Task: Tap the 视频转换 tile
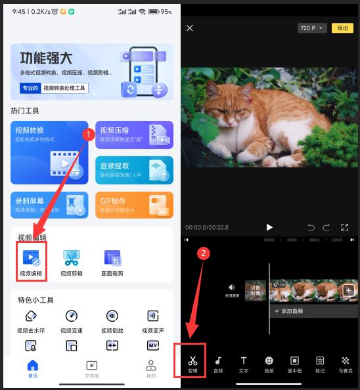49,152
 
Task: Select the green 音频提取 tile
135,170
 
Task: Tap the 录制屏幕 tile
49,205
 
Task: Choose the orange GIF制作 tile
135,205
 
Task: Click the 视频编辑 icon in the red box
31,261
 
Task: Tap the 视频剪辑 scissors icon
71,261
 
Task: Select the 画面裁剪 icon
112,261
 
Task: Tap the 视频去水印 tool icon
31,320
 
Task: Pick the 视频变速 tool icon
72,320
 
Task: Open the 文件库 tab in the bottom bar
92,368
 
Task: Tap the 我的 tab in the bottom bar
151,368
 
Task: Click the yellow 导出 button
342,28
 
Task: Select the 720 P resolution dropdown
311,28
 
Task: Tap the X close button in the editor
190,28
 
